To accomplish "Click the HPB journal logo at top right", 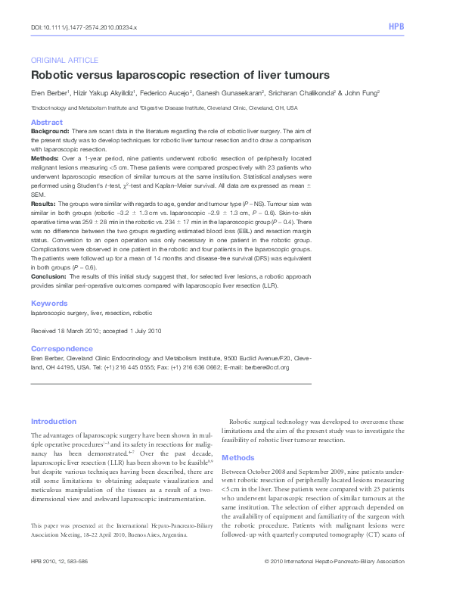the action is click(x=396, y=26).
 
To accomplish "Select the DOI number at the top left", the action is click(x=84, y=26).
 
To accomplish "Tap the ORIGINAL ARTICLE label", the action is click(x=64, y=60).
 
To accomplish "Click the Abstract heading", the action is click(x=46, y=122).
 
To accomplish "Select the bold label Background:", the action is click(x=50, y=131).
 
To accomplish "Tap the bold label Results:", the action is click(x=43, y=204).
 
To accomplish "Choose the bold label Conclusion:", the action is click(x=48, y=278).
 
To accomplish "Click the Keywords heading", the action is click(x=49, y=304).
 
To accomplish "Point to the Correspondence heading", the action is click(x=62, y=349).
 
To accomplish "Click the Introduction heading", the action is click(x=54, y=422).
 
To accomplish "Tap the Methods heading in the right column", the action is click(x=238, y=458).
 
